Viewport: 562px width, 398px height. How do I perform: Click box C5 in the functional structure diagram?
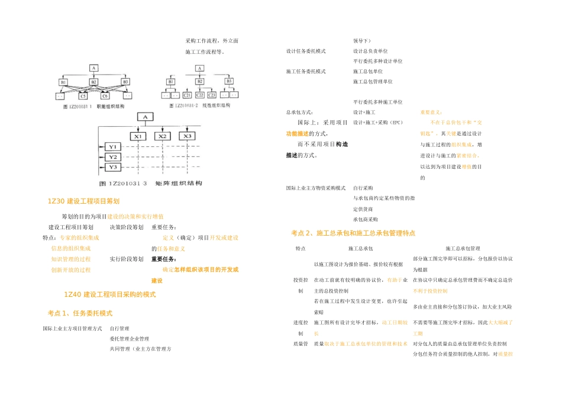[x=83, y=96]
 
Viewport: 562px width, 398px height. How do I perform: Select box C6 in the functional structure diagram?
[x=105, y=96]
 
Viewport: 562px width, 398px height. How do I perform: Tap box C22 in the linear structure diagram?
[x=200, y=95]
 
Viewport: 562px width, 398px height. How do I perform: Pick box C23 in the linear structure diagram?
[x=212, y=95]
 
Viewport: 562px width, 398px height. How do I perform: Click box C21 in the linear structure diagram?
[x=187, y=95]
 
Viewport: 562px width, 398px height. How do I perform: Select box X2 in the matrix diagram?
[x=162, y=136]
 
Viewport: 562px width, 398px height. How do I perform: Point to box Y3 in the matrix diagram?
[x=112, y=168]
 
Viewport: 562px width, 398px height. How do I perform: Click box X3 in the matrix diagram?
[x=187, y=136]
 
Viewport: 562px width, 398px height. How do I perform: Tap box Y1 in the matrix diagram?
[x=112, y=146]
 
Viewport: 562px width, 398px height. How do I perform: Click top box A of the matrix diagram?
[x=143, y=117]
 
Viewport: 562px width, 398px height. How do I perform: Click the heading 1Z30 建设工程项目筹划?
[x=83, y=202]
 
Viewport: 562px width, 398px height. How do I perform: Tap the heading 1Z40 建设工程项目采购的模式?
[x=109, y=294]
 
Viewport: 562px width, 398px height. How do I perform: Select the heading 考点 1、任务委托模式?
[x=80, y=313]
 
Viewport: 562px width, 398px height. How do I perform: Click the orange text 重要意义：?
[x=431, y=112]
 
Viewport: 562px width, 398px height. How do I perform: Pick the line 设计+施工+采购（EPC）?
[x=377, y=123]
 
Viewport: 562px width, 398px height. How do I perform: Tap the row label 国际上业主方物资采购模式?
[x=315, y=188]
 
